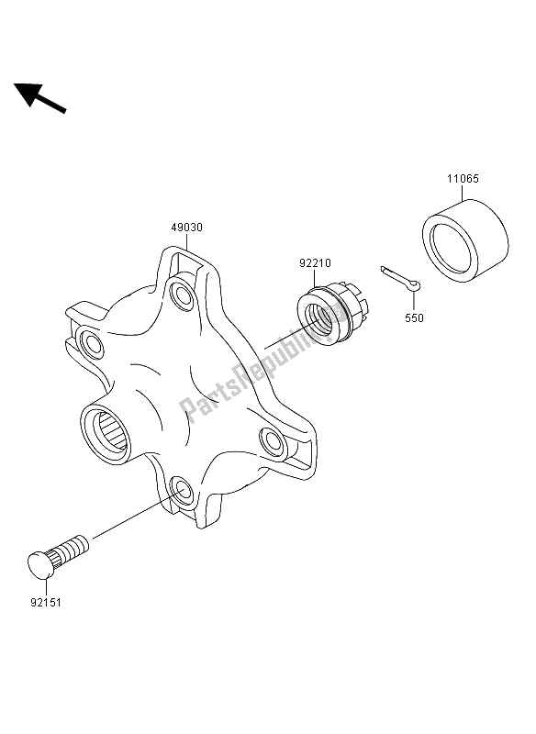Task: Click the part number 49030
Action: point(187,228)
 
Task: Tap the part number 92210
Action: point(315,263)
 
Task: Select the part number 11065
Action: point(463,178)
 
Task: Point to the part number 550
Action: point(414,317)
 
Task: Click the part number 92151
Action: point(46,603)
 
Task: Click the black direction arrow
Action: point(40,98)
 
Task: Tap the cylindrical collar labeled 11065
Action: point(465,240)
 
